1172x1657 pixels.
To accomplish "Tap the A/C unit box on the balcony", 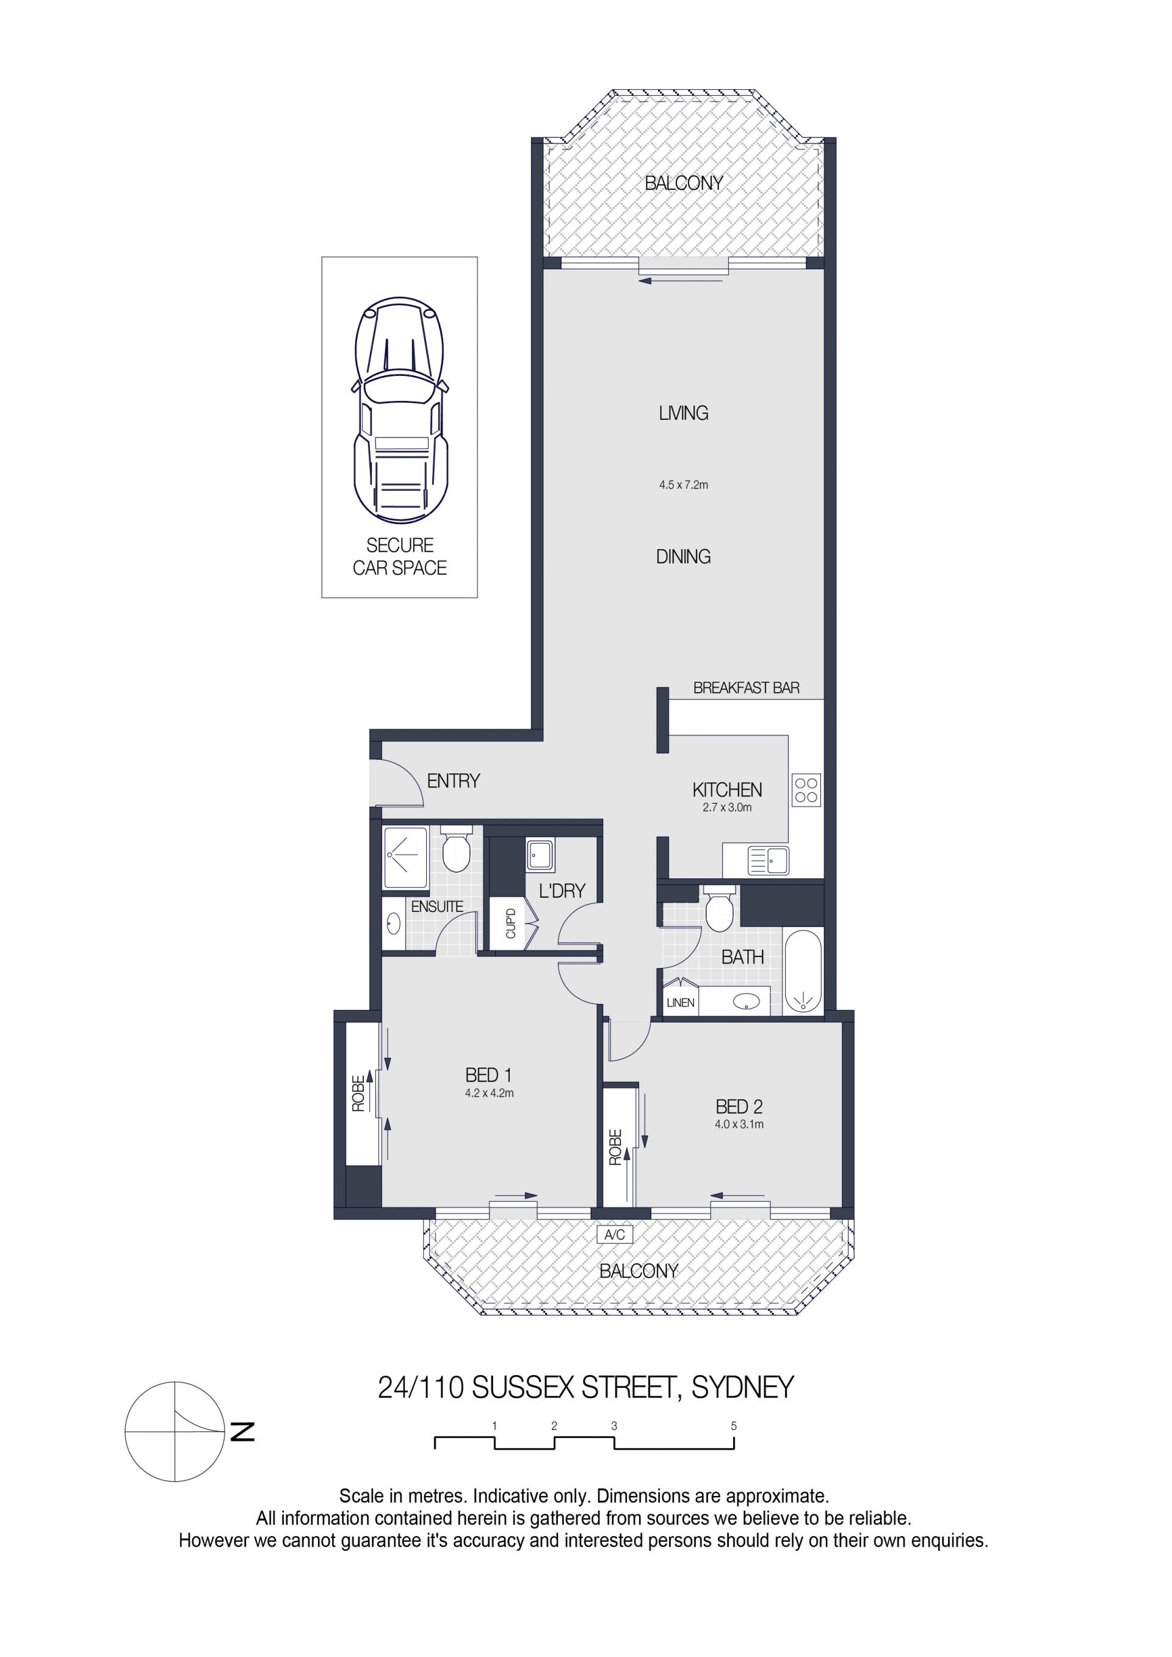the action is pyautogui.click(x=615, y=1234).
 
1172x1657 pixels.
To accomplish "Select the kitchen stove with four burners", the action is pyautogui.click(x=806, y=790).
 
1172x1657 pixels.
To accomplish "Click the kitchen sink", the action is pyautogui.click(x=768, y=861).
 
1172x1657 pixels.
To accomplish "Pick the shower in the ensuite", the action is pyautogui.click(x=405, y=857).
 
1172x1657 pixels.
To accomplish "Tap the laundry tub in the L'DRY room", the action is pyautogui.click(x=540, y=854).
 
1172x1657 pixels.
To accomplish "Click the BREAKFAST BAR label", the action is pyautogui.click(x=746, y=688).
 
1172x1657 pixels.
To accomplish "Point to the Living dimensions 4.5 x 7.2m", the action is pyautogui.click(x=684, y=485).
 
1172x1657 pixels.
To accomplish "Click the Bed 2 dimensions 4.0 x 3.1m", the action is pyautogui.click(x=739, y=1124).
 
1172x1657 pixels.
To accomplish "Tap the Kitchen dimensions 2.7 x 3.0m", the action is pyautogui.click(x=727, y=807).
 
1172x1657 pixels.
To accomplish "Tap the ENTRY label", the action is pyautogui.click(x=453, y=781).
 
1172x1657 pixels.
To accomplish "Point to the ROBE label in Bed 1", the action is pyautogui.click(x=358, y=1092).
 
